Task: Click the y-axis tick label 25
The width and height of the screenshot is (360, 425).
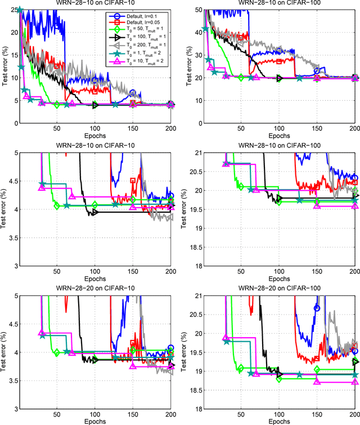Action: pos(13,10)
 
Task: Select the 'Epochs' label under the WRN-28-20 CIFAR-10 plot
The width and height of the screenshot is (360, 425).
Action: pos(95,421)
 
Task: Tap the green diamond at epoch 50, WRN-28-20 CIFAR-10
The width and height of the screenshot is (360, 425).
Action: pos(57,352)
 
